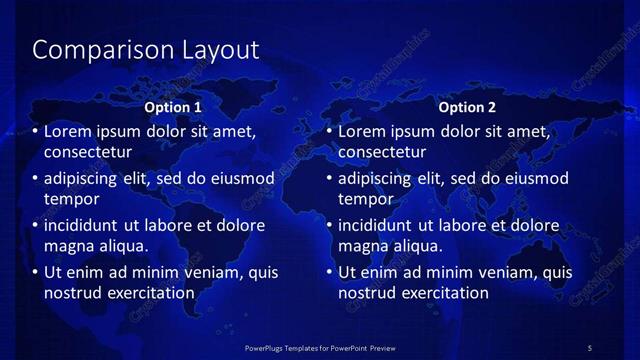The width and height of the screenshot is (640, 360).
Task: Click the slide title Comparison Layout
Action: (146, 50)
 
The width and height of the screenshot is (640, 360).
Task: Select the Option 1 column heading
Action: (173, 107)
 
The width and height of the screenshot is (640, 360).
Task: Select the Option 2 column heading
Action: (467, 107)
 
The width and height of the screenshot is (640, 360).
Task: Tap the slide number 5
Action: (589, 347)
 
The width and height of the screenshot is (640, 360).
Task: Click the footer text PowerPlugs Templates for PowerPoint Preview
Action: (320, 347)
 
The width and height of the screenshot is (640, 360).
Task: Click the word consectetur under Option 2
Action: (382, 152)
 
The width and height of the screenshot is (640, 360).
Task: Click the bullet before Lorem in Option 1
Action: (36, 132)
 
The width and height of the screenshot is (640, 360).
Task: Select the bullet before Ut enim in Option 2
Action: (330, 272)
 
